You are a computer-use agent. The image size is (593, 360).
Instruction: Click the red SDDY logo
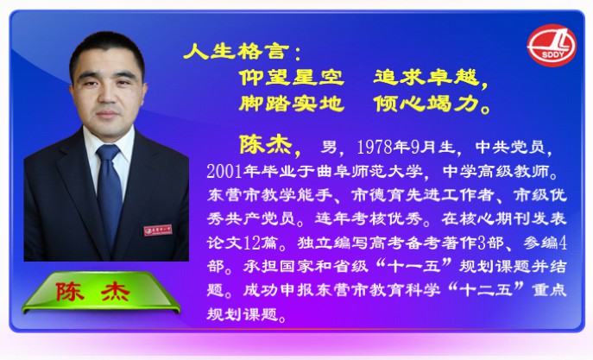[552, 46]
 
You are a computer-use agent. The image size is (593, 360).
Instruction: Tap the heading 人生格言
[237, 51]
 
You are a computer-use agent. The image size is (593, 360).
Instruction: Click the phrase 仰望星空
[292, 77]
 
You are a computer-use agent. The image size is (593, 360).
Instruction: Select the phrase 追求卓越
[426, 77]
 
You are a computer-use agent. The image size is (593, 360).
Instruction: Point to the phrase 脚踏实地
[292, 104]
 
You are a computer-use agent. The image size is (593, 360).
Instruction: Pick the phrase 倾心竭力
[426, 104]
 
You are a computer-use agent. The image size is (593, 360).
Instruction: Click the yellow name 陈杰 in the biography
[266, 144]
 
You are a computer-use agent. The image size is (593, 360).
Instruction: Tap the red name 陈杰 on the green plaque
[93, 292]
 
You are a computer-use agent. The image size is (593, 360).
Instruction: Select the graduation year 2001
[224, 172]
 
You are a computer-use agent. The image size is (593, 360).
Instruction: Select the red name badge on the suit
[158, 230]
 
